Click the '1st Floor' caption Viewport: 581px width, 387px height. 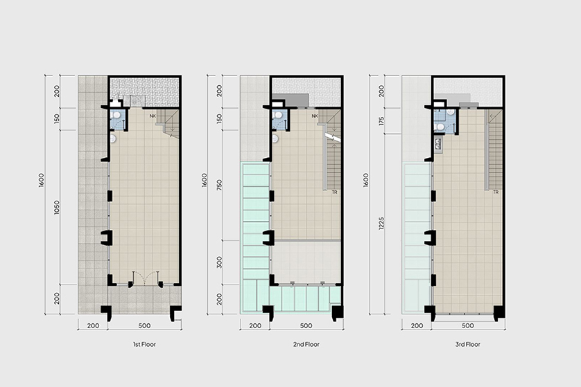click(x=144, y=345)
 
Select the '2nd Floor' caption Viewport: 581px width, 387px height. click(x=306, y=345)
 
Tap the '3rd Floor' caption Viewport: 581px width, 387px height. click(x=467, y=345)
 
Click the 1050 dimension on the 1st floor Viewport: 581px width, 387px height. click(x=56, y=208)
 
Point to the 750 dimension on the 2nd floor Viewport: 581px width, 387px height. click(x=219, y=185)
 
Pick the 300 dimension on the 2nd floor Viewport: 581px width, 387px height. click(x=219, y=262)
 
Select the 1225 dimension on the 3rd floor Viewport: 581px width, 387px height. click(x=381, y=223)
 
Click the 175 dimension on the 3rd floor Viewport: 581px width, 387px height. click(x=381, y=121)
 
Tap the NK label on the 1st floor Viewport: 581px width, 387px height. click(x=153, y=116)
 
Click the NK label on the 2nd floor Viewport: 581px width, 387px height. click(x=315, y=116)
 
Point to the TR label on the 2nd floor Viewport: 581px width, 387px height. click(x=335, y=192)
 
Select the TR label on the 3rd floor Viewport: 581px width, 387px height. click(x=496, y=192)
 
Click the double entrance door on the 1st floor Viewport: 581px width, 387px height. click(x=146, y=278)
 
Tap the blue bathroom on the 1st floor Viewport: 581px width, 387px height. click(x=118, y=119)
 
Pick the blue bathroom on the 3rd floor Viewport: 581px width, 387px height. click(x=444, y=121)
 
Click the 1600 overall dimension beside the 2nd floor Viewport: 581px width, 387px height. click(x=204, y=180)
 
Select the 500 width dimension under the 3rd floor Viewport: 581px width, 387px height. click(x=467, y=325)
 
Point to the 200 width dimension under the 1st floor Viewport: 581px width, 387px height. click(x=93, y=325)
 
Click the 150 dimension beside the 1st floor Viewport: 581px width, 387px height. click(x=56, y=119)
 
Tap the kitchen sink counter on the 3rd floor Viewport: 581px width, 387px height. click(x=438, y=144)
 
